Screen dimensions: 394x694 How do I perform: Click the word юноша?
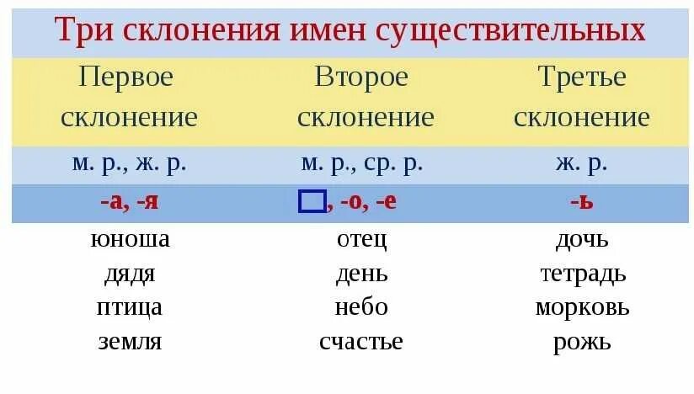[130, 239]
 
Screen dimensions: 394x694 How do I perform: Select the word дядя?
[130, 274]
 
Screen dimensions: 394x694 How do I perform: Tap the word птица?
[130, 307]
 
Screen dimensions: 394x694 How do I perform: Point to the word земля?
[130, 342]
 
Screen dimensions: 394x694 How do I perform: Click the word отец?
[361, 239]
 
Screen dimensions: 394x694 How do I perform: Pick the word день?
[361, 274]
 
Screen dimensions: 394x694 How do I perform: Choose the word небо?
[361, 307]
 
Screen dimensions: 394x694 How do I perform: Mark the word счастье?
[361, 342]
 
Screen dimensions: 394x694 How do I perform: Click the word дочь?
[582, 239]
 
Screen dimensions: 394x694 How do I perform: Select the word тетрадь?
[582, 274]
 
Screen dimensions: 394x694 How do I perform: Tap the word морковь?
[582, 307]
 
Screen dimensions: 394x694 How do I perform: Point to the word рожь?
[582, 342]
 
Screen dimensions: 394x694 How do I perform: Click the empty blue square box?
[312, 202]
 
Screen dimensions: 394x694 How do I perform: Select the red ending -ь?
[582, 203]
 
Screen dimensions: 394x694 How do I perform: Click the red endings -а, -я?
[130, 203]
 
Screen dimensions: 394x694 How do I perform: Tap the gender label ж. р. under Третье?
[582, 163]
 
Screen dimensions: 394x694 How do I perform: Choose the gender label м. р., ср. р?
[361, 163]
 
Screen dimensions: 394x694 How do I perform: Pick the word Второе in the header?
[361, 77]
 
